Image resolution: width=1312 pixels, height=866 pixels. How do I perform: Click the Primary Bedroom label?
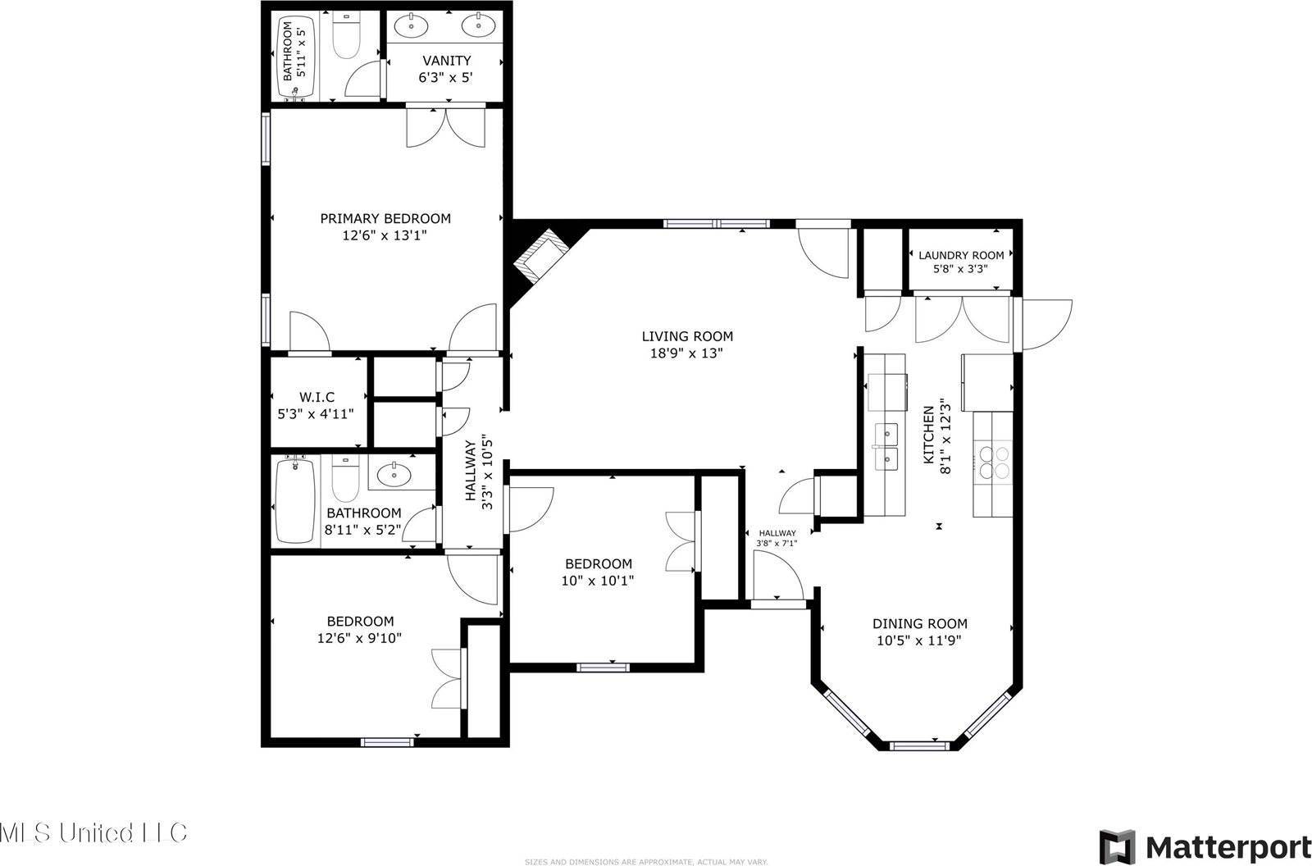385,218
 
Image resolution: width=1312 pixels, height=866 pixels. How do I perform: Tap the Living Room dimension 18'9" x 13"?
687,353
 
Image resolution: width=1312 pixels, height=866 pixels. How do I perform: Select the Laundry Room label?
961,255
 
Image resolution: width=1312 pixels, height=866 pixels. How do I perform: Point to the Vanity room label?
446,61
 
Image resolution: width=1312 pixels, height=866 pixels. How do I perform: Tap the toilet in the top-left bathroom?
346,38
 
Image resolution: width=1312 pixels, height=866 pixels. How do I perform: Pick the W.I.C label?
316,397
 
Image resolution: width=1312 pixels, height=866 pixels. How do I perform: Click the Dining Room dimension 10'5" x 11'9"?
919,640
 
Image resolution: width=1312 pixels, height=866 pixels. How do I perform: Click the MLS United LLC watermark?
94,833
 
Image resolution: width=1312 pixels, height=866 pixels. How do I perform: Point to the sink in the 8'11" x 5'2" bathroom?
395,473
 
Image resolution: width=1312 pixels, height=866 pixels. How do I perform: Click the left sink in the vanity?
409,26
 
